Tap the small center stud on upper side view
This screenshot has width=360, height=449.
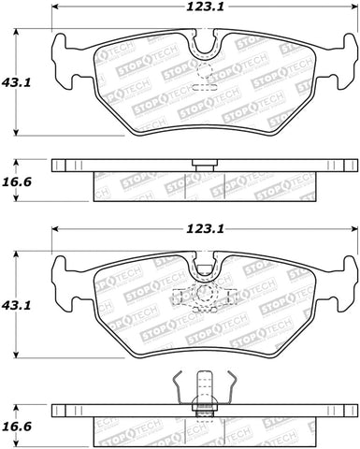click(x=198, y=164)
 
